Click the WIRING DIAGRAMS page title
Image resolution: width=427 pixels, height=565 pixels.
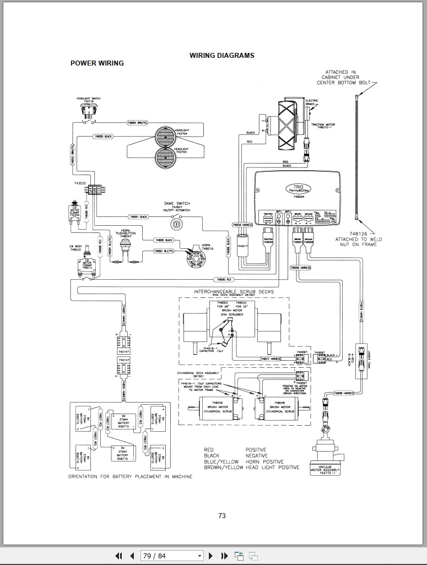[221, 56]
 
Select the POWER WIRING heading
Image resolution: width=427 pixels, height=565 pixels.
[97, 63]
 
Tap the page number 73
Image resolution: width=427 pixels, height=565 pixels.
[221, 516]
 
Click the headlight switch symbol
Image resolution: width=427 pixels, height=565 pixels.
[89, 110]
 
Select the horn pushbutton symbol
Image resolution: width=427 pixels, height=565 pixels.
[127, 246]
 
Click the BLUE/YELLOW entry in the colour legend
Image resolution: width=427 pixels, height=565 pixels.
[221, 461]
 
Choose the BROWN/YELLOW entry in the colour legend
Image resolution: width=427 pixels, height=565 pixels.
[223, 468]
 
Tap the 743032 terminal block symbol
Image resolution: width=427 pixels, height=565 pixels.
[95, 190]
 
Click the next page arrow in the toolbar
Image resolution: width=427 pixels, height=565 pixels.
[210, 556]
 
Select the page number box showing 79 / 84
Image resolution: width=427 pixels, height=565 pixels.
[170, 556]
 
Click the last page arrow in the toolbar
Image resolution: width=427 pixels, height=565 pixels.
[224, 556]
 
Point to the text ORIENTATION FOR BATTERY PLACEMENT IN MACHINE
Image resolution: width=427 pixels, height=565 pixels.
[130, 476]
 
